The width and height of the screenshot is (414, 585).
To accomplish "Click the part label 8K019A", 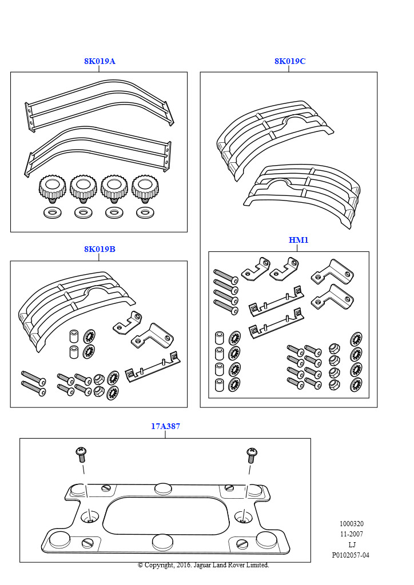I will [99, 61].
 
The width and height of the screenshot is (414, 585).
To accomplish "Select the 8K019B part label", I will [99, 249].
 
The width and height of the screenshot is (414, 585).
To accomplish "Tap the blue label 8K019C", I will [289, 61].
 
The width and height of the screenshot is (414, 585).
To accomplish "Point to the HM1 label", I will [298, 240].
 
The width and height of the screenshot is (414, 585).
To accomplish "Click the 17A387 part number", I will [165, 426].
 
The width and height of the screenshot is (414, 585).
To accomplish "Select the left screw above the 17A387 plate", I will [81, 455].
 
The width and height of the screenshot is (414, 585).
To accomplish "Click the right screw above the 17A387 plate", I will [252, 455].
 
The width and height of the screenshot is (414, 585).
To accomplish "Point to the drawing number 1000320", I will [351, 523].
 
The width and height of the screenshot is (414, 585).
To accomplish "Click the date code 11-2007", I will [351, 534].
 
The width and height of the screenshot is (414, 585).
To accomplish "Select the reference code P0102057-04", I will [351, 555].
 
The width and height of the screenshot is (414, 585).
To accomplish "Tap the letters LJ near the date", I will [351, 544].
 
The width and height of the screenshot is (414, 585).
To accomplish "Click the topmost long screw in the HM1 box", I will [225, 274].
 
